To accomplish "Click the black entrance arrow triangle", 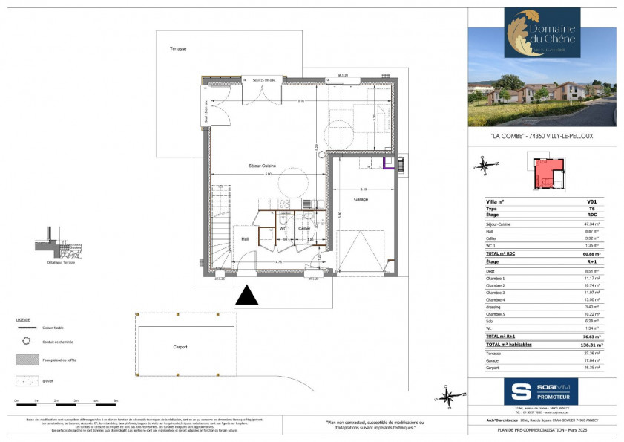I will [247, 295].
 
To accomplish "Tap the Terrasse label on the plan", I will [177, 49].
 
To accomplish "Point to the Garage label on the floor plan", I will [361, 199].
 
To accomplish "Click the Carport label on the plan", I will [180, 347].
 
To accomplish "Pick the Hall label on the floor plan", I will [244, 238].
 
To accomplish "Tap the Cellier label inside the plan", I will [304, 229].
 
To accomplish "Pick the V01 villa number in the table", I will [591, 202].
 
